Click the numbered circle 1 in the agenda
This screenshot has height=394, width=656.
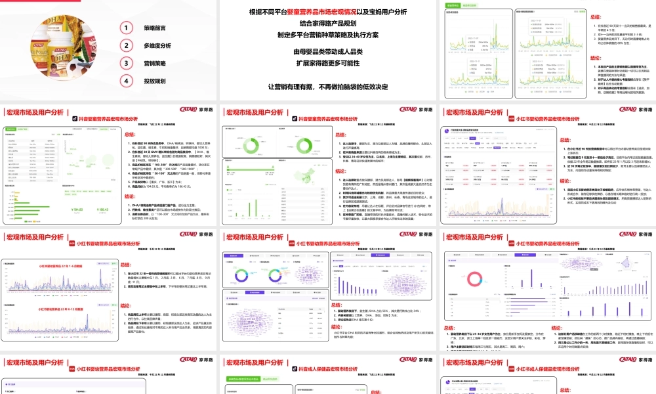point(125,28)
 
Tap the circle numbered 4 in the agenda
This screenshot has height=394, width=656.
point(125,81)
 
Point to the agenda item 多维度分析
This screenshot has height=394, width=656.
point(157,46)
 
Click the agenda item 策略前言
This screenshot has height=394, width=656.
point(155,28)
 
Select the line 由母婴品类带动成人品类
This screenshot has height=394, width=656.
point(328,52)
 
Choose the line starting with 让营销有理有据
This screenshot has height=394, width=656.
point(328,87)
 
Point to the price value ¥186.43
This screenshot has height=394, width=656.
point(101,210)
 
